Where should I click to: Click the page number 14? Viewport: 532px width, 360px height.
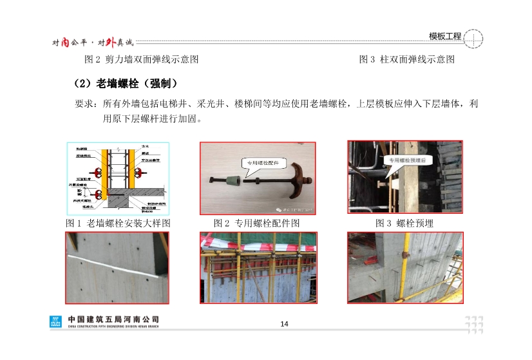point(283,323)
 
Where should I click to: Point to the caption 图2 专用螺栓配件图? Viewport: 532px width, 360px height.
point(256,223)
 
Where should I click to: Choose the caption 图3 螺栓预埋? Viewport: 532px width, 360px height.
point(404,223)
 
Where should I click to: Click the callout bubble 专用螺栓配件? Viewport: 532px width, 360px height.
point(261,164)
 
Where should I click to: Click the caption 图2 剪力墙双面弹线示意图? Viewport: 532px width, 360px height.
point(142,59)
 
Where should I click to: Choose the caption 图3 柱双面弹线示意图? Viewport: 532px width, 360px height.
point(407,59)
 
